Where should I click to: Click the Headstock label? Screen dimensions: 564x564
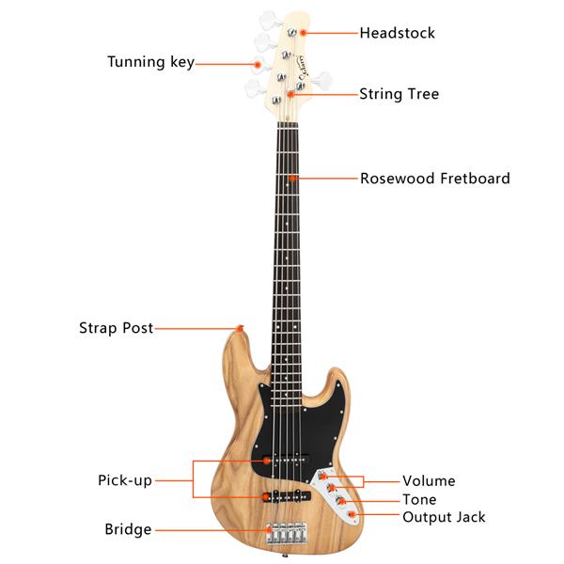[397, 33]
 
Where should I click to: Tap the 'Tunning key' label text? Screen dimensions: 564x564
[150, 62]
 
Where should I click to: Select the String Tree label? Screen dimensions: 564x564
[399, 94]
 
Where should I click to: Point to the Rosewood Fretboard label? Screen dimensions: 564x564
[435, 179]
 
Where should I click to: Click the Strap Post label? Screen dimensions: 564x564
[117, 328]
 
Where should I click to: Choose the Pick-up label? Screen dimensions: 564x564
[125, 480]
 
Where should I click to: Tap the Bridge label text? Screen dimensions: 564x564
[128, 529]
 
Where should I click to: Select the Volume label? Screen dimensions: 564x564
[429, 481]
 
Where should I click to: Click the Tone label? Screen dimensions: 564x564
[419, 499]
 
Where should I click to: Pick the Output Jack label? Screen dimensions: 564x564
[444, 517]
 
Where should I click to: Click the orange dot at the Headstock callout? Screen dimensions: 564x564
[304, 33]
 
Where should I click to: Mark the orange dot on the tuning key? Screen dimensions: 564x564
[258, 65]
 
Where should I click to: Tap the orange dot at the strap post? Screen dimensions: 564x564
[240, 328]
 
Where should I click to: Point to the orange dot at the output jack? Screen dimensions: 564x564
[352, 515]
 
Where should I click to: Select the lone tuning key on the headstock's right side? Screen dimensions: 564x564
[321, 80]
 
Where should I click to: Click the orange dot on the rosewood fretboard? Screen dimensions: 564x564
[292, 178]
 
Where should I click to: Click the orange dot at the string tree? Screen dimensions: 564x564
[290, 94]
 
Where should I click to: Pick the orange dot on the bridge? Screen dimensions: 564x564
[269, 530]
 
